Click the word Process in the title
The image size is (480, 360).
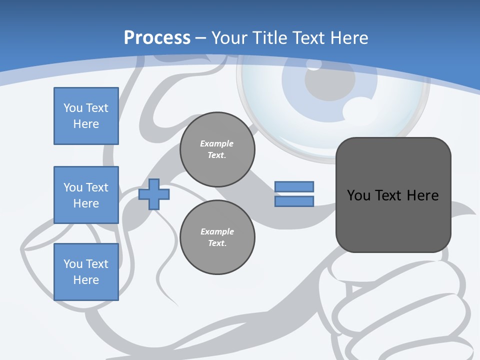click(157, 38)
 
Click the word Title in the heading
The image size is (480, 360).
click(270, 38)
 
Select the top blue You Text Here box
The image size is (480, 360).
click(86, 116)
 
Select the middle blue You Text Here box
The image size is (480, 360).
click(86, 195)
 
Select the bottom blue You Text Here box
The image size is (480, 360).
click(86, 272)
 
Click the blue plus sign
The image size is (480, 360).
click(154, 194)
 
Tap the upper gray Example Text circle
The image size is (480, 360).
click(217, 149)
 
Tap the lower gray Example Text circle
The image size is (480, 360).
click(217, 237)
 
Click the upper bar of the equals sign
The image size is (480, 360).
click(294, 186)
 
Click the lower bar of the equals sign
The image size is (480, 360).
click(294, 201)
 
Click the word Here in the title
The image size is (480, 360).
click(349, 38)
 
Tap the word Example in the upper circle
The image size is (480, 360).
click(217, 143)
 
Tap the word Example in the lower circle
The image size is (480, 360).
click(217, 231)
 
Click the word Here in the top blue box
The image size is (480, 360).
click(86, 124)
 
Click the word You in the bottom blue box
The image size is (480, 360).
click(73, 264)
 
